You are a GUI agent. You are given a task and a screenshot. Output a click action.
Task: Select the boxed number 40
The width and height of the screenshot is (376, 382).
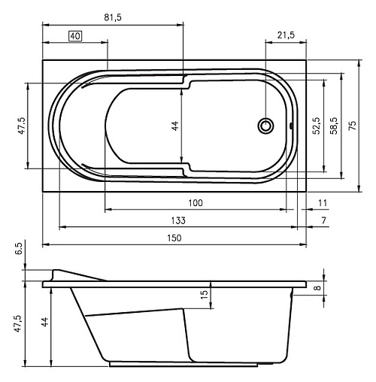75,35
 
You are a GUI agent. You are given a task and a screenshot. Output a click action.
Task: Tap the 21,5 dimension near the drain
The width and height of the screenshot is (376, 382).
285,35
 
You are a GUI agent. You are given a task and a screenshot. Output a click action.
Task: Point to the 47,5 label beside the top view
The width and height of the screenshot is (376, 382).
22,126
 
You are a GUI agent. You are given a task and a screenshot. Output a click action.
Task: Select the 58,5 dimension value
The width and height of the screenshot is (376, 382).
332,124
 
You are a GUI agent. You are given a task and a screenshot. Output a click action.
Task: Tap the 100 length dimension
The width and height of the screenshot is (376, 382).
196,203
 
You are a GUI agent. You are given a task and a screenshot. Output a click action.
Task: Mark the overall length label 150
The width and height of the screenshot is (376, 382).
174,238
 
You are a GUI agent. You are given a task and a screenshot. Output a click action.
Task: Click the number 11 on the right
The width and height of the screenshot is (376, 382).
323,203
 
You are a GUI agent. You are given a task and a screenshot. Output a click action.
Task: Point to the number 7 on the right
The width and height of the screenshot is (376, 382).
323,220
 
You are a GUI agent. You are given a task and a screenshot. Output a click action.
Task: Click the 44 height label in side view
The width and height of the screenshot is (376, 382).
44,323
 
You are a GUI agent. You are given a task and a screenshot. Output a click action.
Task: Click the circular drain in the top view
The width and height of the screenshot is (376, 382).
265,126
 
